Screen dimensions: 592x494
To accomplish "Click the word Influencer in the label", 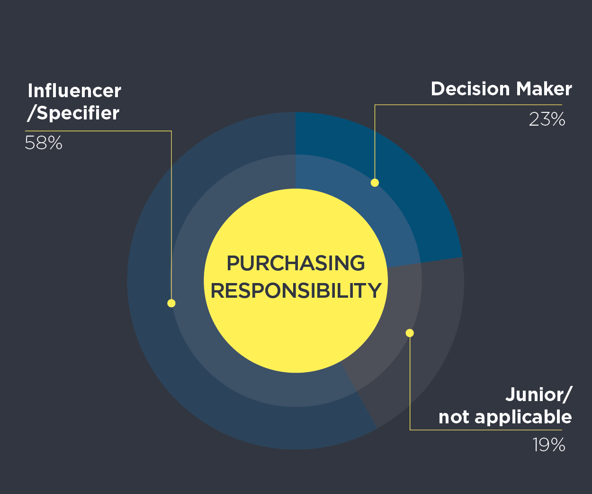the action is [x=74, y=91].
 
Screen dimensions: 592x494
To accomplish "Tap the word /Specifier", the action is [x=73, y=114].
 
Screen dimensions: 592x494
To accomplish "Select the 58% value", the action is [x=44, y=143].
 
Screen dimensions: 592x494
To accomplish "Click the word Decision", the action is [x=470, y=89].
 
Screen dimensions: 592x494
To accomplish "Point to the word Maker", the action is [x=544, y=89].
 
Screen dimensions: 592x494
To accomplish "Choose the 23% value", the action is [x=547, y=119].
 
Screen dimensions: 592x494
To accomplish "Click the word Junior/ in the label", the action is [x=539, y=394].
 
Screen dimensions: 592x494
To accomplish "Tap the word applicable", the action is [x=523, y=418].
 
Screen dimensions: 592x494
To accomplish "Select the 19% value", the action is [x=549, y=445].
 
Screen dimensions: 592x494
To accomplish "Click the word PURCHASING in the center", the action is [x=296, y=263].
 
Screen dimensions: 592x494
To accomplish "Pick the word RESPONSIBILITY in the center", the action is [x=296, y=291].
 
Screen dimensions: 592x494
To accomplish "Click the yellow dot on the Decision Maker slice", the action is [x=375, y=183].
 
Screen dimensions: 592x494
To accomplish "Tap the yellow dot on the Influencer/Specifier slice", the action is [x=171, y=303].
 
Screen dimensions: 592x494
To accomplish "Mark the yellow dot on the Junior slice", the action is [x=410, y=333].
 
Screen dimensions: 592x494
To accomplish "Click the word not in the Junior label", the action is [x=453, y=418].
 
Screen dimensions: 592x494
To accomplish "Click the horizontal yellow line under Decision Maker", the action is [x=468, y=105].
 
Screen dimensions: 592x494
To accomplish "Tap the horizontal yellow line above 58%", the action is [x=99, y=131].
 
